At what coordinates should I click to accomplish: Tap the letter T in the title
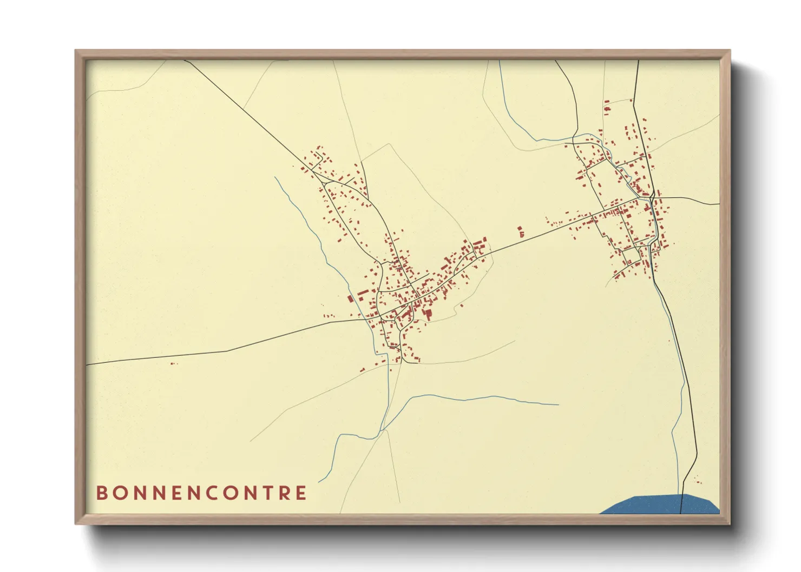tap(268, 493)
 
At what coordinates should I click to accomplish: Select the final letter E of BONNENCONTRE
tap(301, 493)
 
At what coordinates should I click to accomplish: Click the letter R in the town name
tap(285, 493)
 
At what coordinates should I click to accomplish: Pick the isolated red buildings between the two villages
tap(521, 232)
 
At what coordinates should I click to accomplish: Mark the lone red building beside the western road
tap(173, 363)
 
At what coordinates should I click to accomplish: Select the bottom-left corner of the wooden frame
tap(76, 523)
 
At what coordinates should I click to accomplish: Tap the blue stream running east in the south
tap(487, 398)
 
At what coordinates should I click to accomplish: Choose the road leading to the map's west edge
tap(162, 357)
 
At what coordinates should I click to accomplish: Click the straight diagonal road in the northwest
tap(244, 111)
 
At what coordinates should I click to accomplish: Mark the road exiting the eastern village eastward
tap(693, 201)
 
